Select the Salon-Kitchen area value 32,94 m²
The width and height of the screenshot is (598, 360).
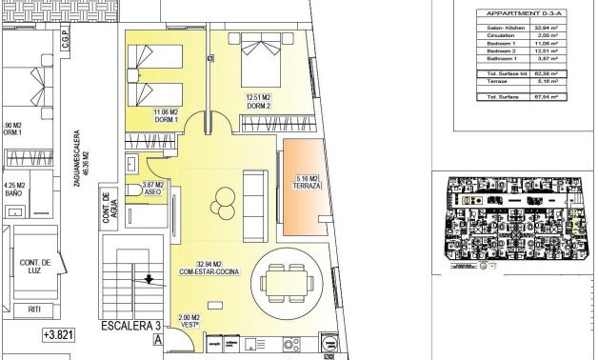[539, 28]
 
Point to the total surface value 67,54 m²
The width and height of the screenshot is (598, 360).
[539, 96]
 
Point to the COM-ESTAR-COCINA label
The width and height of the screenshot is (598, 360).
[209, 272]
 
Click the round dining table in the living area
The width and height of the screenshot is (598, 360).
[286, 281]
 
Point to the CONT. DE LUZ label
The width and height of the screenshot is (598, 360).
[33, 266]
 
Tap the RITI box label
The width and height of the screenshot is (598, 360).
[35, 310]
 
